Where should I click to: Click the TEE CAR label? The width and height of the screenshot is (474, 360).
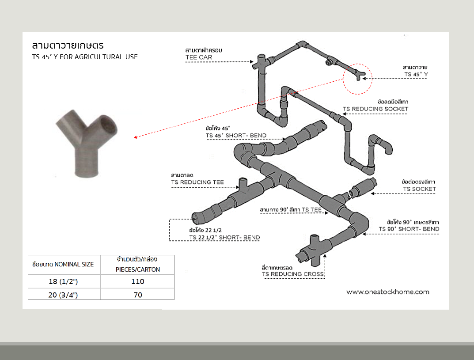coord(199,57)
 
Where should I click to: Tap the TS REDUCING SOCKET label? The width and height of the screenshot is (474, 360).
coord(375,109)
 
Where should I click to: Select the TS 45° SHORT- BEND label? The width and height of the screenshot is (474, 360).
coord(236,136)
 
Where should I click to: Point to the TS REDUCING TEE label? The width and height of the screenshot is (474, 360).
coord(197,182)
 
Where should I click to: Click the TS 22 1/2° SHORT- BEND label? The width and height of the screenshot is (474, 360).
coord(224,237)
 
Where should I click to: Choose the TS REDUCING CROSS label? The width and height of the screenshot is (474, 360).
coord(293,274)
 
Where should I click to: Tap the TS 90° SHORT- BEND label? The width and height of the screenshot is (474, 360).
coord(409,229)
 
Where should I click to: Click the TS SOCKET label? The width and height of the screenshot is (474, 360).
coord(419,189)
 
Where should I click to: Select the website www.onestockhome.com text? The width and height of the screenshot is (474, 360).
coord(388,292)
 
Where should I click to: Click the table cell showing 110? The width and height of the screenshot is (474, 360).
coord(137,281)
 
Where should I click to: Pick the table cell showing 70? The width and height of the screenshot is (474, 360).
coord(137,295)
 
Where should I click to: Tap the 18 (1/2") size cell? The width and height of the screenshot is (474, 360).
coord(63,281)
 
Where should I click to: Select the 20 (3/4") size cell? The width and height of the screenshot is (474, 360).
coord(63,295)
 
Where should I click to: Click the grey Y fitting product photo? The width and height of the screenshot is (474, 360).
coord(86,143)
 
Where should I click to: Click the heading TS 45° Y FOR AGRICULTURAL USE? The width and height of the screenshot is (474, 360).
coord(85,57)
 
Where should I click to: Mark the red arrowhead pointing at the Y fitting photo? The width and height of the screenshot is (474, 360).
coord(136,137)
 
